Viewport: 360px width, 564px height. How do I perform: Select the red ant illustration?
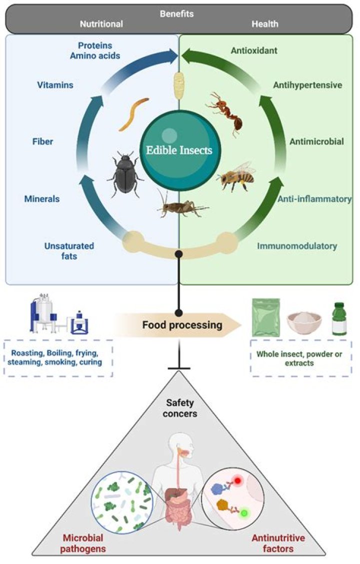(x=225, y=113)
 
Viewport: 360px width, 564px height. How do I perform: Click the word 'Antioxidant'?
(x=254, y=50)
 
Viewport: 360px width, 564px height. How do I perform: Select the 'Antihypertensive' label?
(x=307, y=85)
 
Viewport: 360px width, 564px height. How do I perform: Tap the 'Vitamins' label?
(x=55, y=85)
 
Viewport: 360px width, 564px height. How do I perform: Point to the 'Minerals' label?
(x=42, y=199)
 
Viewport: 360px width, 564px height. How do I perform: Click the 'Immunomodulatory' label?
(x=297, y=246)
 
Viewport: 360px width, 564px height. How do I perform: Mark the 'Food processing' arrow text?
(x=182, y=325)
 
